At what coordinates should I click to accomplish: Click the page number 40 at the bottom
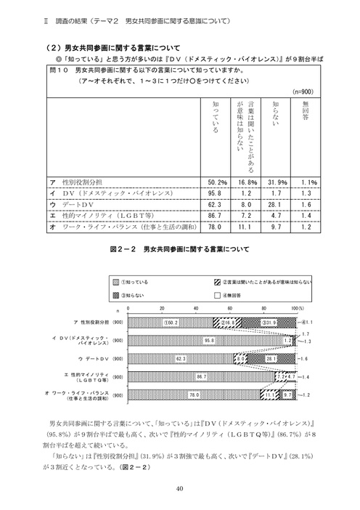179,488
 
